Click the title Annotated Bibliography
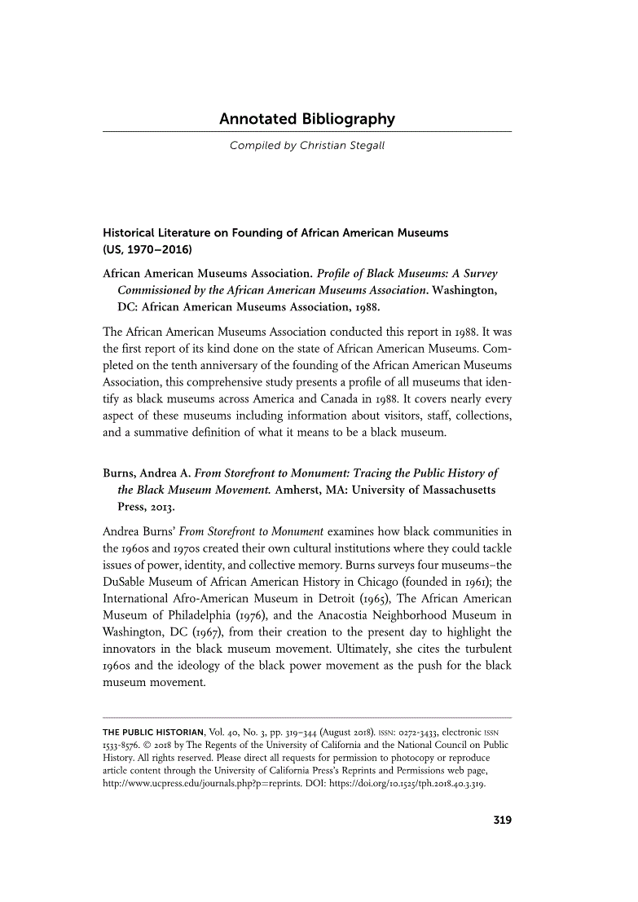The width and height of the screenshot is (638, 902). pos(306,120)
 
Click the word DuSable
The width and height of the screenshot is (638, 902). pos(129,580)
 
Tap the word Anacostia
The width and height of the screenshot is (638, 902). pos(359,615)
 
